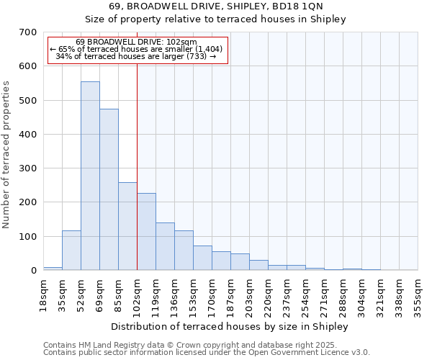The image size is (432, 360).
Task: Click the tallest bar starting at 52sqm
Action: click(90, 176)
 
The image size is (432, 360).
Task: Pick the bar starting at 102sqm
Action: click(146, 231)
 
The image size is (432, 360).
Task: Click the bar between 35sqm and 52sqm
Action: click(71, 250)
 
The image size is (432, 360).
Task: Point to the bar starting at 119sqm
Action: click(165, 246)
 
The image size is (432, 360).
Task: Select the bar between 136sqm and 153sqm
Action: click(184, 250)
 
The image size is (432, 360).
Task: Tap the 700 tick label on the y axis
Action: click(28, 32)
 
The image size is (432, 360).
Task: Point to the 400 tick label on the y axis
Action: click(28, 135)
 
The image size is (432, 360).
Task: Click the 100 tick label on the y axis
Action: click(28, 237)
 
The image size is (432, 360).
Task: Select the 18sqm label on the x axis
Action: click(43, 295)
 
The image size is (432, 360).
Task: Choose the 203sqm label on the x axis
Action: click(249, 295)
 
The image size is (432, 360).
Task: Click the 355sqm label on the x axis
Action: click(418, 295)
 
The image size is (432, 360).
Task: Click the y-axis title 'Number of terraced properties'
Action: click(6, 155)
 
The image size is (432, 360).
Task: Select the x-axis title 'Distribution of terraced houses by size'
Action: click(230, 326)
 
